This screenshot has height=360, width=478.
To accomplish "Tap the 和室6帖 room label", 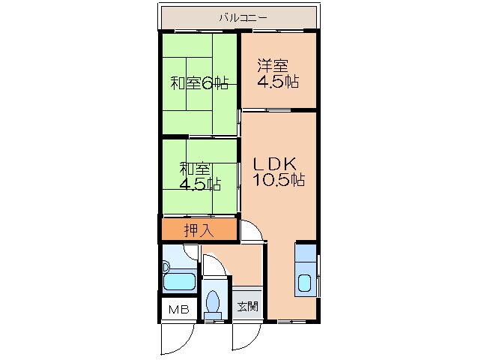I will click(x=199, y=82).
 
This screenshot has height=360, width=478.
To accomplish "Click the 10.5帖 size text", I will click(x=276, y=180).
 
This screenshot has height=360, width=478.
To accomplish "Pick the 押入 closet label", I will click(x=199, y=230).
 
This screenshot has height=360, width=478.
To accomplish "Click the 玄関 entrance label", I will click(x=248, y=306).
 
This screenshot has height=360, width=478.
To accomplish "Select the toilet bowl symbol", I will click(x=214, y=302).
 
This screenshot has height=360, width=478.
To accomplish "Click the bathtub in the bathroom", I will click(x=178, y=283).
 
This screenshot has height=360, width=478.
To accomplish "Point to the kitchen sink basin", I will click(x=306, y=284).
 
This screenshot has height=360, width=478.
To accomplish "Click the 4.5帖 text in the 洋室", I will click(x=278, y=82).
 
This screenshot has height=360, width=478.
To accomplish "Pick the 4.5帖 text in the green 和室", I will click(x=199, y=184).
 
